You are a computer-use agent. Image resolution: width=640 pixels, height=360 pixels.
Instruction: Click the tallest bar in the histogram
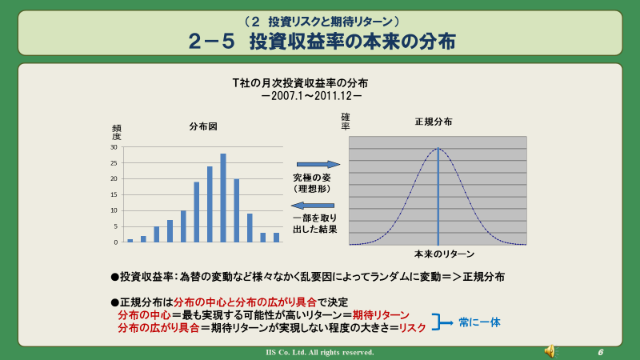coord(223,198)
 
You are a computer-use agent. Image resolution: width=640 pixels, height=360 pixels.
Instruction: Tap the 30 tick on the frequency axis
coord(114,147)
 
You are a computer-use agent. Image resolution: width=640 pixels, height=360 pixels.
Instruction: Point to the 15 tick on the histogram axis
coord(114,194)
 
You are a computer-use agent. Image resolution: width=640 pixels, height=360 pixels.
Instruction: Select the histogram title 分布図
coord(203,126)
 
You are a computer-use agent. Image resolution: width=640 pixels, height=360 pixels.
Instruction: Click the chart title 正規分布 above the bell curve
coord(434,122)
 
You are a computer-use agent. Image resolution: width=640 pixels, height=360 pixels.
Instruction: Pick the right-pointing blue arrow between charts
coord(318,165)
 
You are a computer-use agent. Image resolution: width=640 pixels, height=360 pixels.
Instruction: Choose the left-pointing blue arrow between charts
coord(313,206)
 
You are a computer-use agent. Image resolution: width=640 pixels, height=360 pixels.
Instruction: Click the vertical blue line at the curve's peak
coord(438,196)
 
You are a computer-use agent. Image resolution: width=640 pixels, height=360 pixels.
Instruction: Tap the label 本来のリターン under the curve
coord(444,254)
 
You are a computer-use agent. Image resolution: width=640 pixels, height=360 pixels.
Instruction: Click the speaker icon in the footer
coord(550,351)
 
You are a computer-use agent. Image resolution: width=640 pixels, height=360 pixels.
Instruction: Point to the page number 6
coord(601,352)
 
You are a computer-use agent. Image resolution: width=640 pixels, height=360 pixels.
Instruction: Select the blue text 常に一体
coord(479,322)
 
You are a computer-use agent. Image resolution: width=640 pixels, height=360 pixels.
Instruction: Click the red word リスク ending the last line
coord(412,328)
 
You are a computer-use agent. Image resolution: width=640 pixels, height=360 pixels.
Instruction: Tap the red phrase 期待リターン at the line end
coord(381,315)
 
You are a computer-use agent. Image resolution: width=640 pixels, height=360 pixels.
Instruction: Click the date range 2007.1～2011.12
coord(311,96)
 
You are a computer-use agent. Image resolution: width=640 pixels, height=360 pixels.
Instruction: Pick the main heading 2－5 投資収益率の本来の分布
coord(322,42)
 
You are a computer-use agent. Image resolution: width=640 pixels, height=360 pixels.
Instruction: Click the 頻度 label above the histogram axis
coord(116,133)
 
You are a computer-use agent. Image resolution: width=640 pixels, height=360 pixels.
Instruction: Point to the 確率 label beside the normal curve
coord(346,122)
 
